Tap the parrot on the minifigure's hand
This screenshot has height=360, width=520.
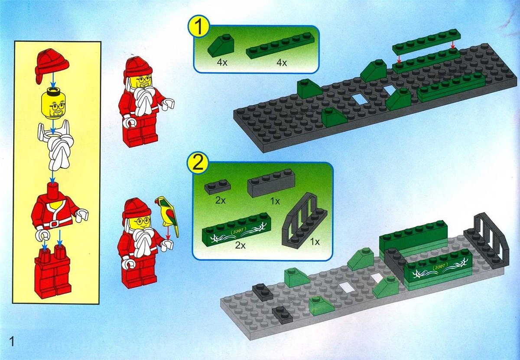(167, 216)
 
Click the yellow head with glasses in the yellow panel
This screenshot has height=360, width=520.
(53, 105)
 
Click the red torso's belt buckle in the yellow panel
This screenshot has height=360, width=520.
(54, 224)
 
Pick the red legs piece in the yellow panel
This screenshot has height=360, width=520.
(52, 274)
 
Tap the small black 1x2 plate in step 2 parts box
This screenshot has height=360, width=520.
(218, 187)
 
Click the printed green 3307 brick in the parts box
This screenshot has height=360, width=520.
(235, 229)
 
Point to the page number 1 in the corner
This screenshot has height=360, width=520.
(12, 342)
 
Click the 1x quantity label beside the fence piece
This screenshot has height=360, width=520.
(315, 242)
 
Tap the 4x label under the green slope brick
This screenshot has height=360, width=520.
(222, 63)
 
